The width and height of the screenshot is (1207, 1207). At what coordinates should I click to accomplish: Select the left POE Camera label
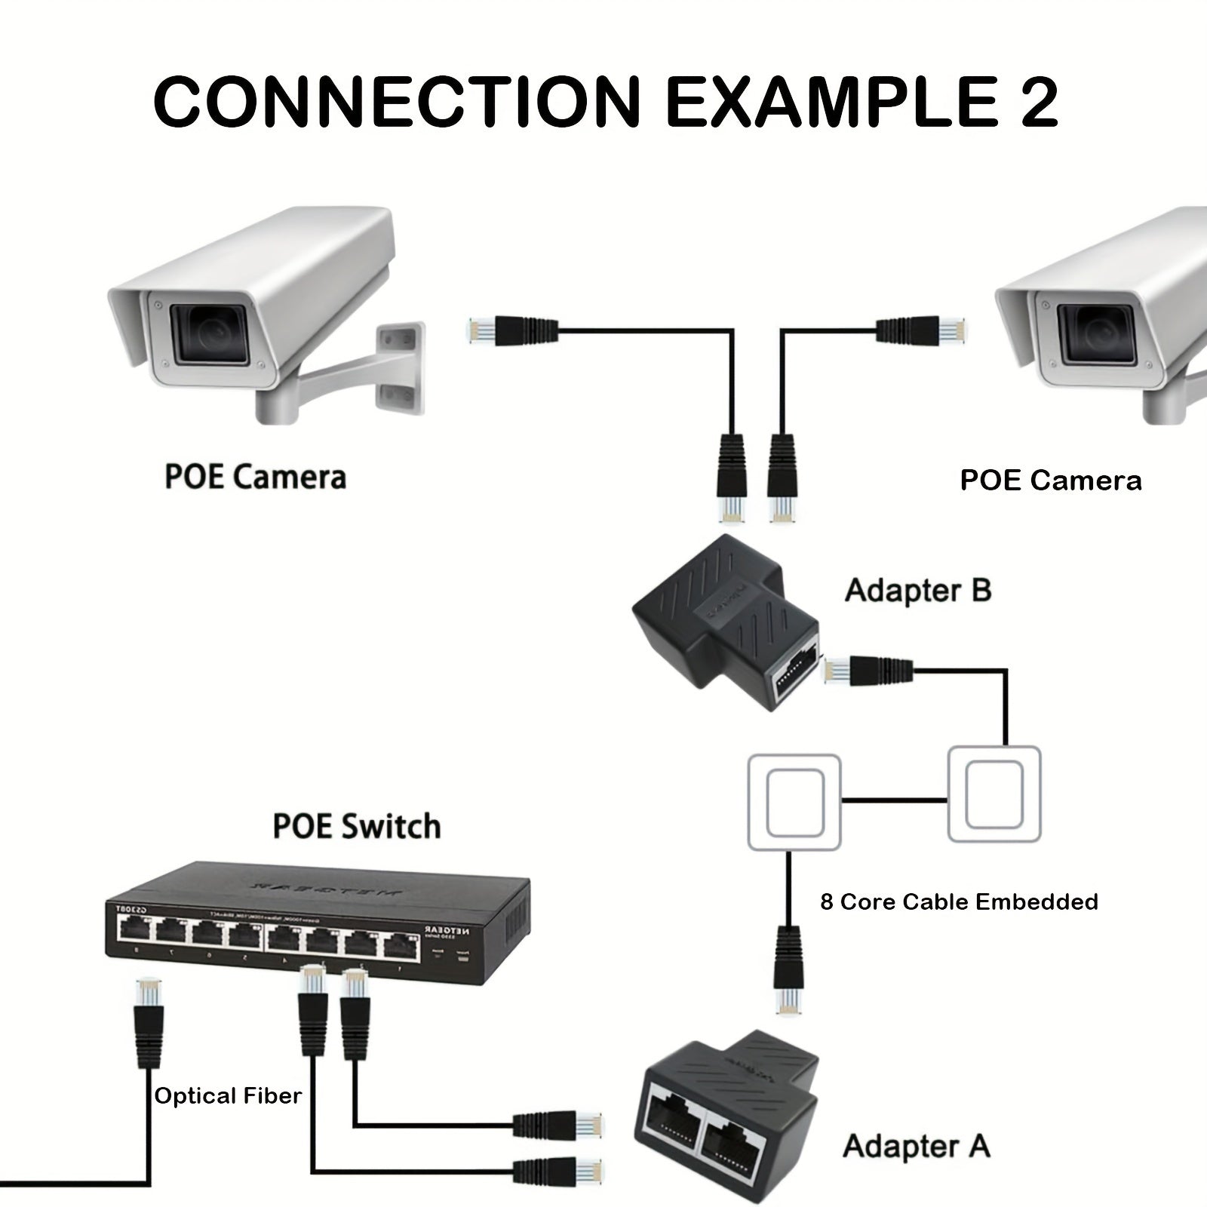tap(255, 478)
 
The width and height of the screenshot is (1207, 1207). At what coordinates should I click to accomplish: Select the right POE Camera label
tap(1050, 481)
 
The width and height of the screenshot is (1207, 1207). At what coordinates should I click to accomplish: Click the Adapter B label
tap(917, 590)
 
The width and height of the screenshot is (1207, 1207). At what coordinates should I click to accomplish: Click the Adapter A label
tap(916, 1146)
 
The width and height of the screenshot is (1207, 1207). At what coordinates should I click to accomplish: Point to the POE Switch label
tap(356, 826)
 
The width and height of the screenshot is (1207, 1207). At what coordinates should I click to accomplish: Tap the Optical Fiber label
tap(228, 1096)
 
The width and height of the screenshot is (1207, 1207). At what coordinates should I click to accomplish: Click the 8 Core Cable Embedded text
tap(959, 901)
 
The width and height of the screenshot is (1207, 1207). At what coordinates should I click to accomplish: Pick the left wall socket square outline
tap(794, 803)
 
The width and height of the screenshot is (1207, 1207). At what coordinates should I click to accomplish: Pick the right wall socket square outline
tap(994, 794)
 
